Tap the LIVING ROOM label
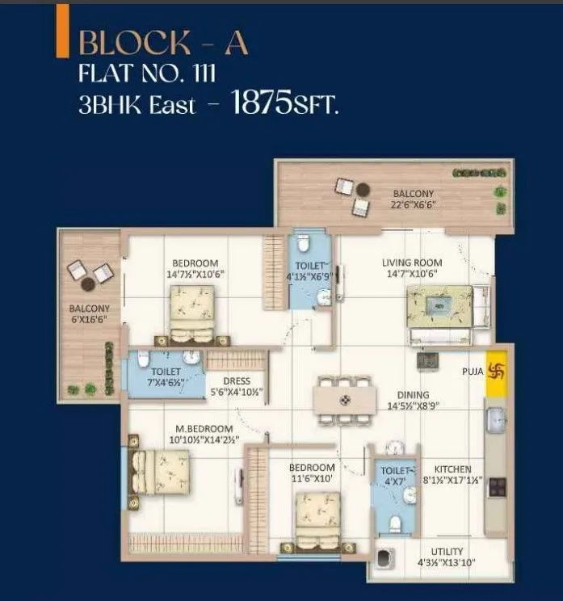click(x=411, y=263)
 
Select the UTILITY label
click(x=447, y=552)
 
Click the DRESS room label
click(x=237, y=381)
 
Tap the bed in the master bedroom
click(x=161, y=471)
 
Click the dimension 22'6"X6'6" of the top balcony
click(x=413, y=205)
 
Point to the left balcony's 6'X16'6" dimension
click(x=89, y=320)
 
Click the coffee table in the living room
click(x=439, y=305)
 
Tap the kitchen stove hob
click(x=497, y=486)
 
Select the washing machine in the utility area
click(x=385, y=563)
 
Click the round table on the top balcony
click(x=363, y=190)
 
